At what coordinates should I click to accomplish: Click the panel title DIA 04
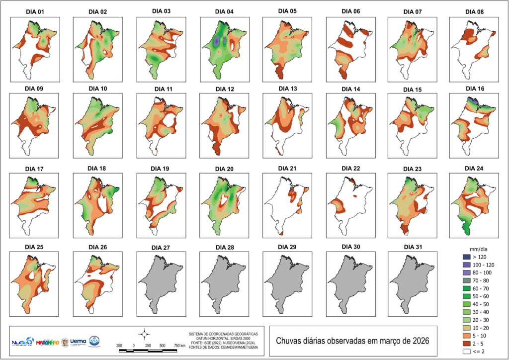tap(224, 11)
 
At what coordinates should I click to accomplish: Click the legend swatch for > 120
tap(467, 256)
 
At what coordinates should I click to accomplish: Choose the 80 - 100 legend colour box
tap(467, 273)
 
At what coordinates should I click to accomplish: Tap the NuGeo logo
tap(23, 342)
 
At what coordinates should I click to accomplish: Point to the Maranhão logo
tap(48, 343)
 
